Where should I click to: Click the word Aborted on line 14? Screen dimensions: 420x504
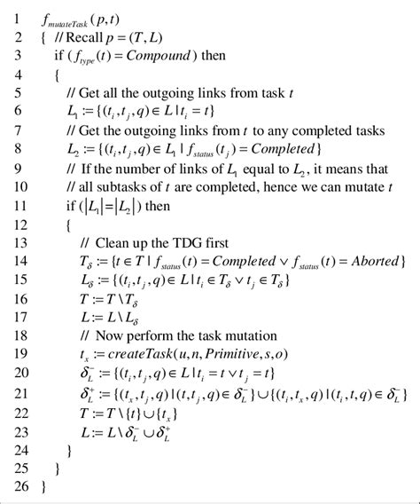point(374,261)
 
